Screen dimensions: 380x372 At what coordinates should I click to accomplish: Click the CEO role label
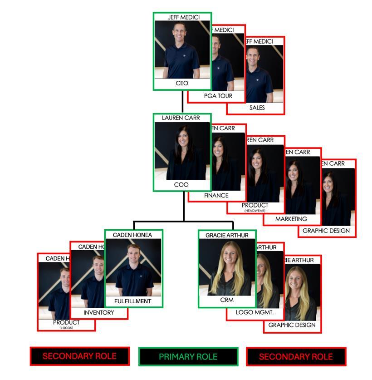[182, 84]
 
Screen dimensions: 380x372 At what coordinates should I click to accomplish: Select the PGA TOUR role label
[218, 96]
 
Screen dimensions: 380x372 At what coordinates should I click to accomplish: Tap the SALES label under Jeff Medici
[257, 108]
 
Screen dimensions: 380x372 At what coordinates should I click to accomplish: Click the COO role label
[182, 185]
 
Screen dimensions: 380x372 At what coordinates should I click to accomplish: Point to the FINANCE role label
[216, 195]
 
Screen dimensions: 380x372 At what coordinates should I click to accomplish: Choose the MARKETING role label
[291, 219]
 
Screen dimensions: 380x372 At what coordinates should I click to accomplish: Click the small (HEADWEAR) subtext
[255, 211]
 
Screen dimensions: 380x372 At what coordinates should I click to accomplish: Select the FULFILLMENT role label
[133, 301]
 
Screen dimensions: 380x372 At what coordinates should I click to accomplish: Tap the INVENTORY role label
[99, 313]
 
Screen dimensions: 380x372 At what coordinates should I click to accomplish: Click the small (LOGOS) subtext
[66, 328]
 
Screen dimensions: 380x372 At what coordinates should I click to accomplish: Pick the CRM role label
[227, 300]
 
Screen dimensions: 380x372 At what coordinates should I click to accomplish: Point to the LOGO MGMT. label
[255, 312]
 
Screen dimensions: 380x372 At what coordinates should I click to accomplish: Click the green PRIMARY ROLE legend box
[188, 357]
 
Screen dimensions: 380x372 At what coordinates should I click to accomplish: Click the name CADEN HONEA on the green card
[132, 235]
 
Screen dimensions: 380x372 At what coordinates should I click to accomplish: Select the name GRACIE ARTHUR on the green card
[227, 235]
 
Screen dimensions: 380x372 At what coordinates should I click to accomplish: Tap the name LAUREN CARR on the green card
[181, 118]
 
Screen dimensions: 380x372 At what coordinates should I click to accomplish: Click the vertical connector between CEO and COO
[182, 101]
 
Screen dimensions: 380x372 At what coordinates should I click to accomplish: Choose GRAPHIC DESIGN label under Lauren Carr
[326, 231]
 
